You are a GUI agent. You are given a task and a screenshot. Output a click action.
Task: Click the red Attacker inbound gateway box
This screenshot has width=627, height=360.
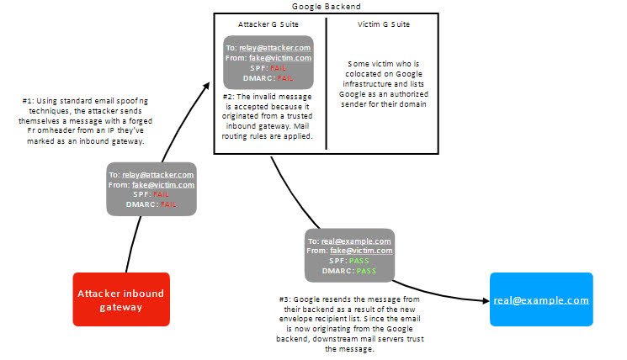pyautogui.click(x=121, y=299)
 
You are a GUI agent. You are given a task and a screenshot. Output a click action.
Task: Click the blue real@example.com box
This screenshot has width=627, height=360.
pyautogui.click(x=541, y=299)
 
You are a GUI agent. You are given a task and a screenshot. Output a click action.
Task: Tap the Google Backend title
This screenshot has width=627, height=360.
pyautogui.click(x=327, y=7)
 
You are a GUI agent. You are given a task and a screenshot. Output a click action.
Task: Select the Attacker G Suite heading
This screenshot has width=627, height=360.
pyautogui.click(x=268, y=24)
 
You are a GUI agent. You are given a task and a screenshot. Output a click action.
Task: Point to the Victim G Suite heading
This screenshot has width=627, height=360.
pyautogui.click(x=384, y=24)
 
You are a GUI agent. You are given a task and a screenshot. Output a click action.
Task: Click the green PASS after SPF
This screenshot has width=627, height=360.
pyautogui.click(x=359, y=261)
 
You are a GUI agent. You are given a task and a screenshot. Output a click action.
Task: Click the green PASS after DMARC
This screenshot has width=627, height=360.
pyautogui.click(x=366, y=271)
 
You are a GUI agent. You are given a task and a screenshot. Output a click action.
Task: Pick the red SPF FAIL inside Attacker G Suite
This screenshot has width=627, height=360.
pyautogui.click(x=278, y=68)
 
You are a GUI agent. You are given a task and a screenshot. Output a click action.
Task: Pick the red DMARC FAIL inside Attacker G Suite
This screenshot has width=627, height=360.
pyautogui.click(x=285, y=78)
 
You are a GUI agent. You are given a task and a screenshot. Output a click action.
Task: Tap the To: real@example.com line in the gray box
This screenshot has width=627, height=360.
pyautogui.click(x=349, y=241)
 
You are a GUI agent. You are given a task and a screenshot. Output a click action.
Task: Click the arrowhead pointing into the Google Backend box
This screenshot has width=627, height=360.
pyautogui.click(x=207, y=86)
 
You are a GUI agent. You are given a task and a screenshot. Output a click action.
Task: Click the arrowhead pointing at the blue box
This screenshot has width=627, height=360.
pyautogui.click(x=486, y=300)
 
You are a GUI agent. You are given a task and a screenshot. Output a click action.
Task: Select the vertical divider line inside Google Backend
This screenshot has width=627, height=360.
pyautogui.click(x=327, y=83)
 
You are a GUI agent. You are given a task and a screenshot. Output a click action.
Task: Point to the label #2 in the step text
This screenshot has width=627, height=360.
pyautogui.click(x=228, y=97)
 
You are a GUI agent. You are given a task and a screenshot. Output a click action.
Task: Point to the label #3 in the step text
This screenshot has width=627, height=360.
pyautogui.click(x=284, y=299)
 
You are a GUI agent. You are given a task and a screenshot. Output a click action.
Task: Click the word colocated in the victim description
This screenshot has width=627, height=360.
pyautogui.click(x=361, y=74)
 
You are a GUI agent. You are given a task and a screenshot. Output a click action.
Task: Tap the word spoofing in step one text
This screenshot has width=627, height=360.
pyautogui.click(x=132, y=101)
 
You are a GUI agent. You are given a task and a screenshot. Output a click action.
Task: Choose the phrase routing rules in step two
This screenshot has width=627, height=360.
pyautogui.click(x=244, y=136)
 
